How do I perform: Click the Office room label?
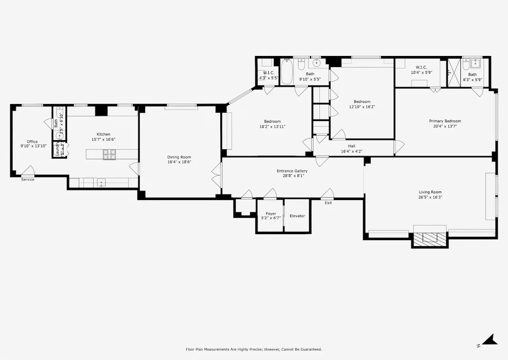pos(32,142)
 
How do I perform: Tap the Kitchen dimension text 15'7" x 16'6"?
pos(103,139)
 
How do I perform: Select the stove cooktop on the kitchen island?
pos(110,154)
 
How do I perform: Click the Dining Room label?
pos(179,157)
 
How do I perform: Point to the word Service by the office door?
pos(28,179)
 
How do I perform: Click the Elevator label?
pos(297,216)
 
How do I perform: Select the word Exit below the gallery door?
pos(328,203)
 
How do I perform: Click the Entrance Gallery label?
pos(292,171)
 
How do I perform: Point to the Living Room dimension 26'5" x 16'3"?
pos(430,197)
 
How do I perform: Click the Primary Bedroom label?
pos(445,121)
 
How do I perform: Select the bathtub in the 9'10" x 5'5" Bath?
pos(287,71)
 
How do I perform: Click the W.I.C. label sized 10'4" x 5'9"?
pos(421,67)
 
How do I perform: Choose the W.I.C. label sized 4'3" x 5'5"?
pos(268,73)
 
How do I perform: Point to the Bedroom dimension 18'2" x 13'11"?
pos(272,127)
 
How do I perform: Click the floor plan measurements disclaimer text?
pos(254,349)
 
